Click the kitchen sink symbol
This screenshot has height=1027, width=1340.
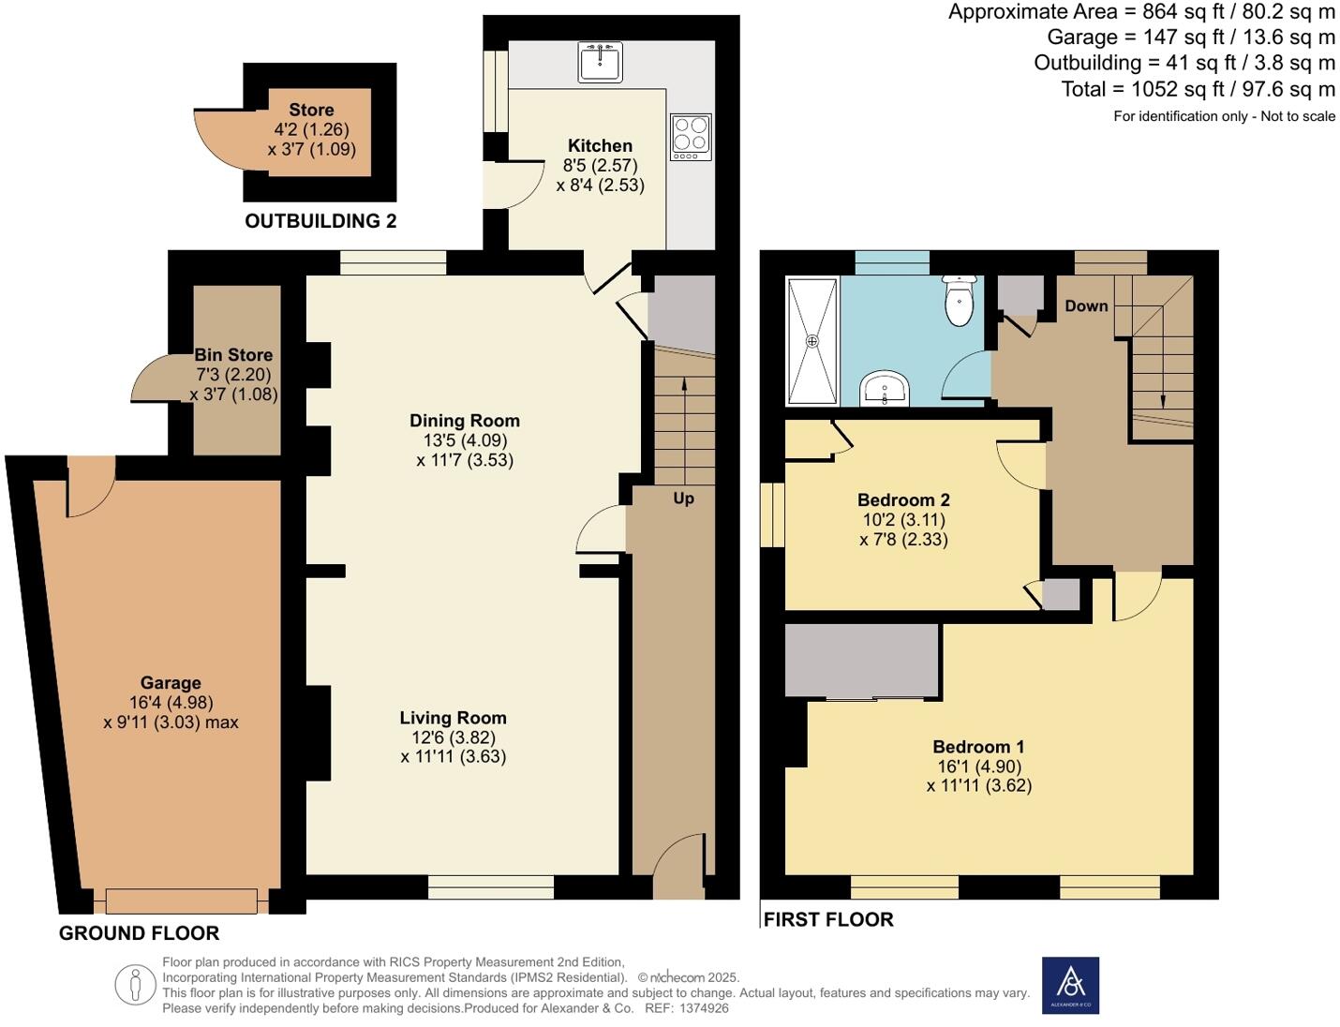600,62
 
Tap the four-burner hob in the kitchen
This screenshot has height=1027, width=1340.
691,136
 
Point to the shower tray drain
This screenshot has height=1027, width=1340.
812,341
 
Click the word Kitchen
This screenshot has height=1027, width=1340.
600,145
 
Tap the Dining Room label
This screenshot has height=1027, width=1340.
465,421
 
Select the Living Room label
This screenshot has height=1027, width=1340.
453,718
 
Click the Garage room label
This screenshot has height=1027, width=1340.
171,683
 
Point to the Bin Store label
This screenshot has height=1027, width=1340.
233,355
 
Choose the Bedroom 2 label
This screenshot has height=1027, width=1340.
903,499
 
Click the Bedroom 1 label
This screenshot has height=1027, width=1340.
978,747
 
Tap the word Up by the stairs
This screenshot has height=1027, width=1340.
683,499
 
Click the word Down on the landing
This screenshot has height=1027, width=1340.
1086,306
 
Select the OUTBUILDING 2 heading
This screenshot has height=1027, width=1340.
320,221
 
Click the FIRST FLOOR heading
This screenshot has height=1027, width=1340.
828,919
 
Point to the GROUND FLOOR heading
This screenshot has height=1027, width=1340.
139,932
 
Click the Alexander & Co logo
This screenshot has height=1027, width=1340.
1070,985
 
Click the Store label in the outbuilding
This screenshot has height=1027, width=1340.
311,110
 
